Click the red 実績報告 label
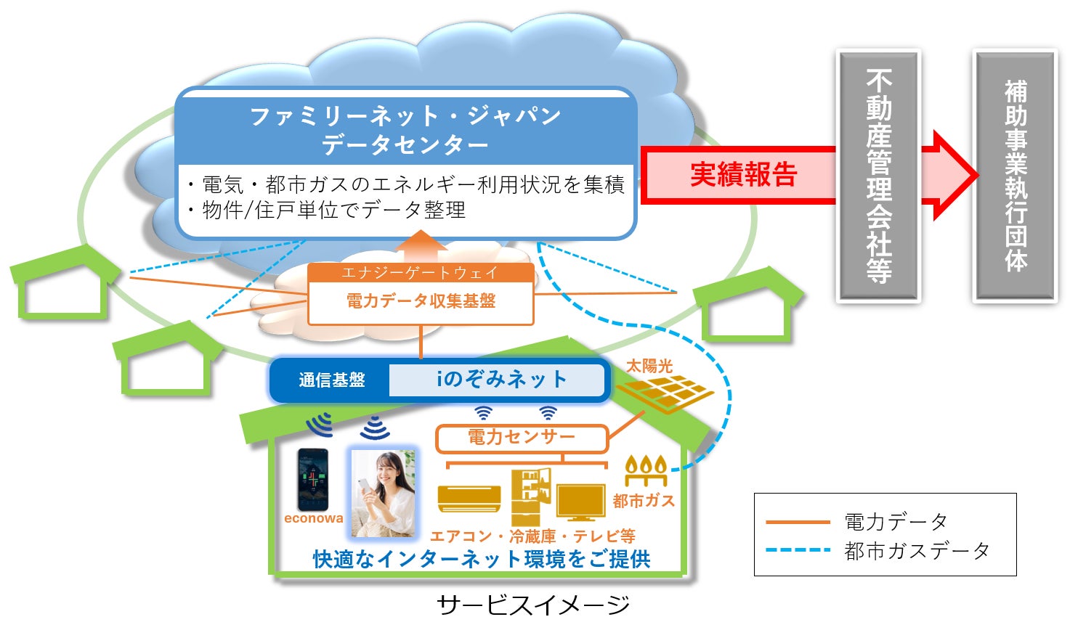tap(743, 175)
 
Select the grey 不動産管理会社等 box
tap(878, 176)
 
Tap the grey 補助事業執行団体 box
tap(1015, 176)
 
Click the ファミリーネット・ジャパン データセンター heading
tap(405, 129)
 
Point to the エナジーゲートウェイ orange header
tap(420, 273)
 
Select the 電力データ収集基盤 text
tap(421, 300)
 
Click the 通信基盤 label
tap(331, 380)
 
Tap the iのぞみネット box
tap(500, 379)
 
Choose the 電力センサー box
tap(521, 437)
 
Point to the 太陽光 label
tap(649, 367)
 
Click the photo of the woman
tap(383, 494)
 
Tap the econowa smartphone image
tap(313, 480)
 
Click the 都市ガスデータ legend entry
tap(917, 551)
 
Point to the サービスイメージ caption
tap(533, 605)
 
